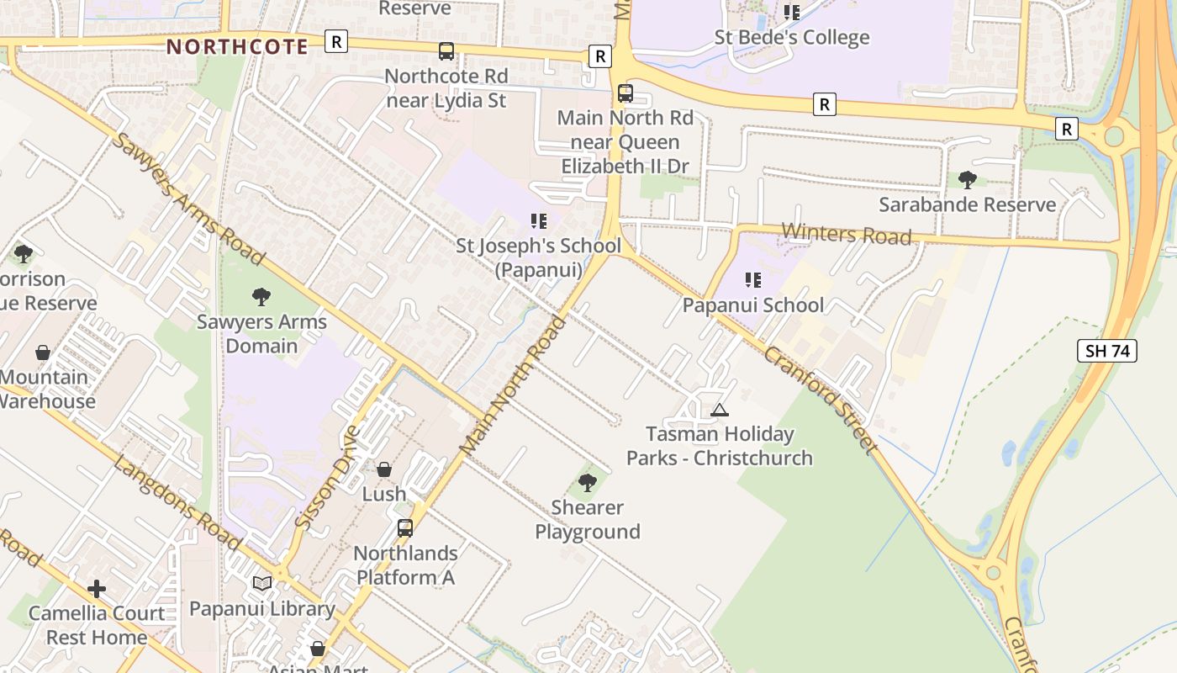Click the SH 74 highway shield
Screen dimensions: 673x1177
click(x=1107, y=351)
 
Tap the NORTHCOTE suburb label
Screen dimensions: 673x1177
click(x=238, y=46)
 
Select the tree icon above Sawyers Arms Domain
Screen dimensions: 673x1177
click(x=261, y=296)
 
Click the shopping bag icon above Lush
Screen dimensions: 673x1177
click(x=384, y=469)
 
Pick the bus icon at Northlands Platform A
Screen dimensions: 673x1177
click(x=405, y=528)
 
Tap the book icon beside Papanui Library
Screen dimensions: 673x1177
click(x=262, y=583)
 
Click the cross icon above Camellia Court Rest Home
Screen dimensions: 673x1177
click(x=97, y=589)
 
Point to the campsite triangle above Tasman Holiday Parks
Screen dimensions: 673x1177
click(x=719, y=411)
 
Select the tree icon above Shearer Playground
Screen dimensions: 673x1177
click(x=588, y=483)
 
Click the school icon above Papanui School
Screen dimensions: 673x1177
click(x=752, y=279)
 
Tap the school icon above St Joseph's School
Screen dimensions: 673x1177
click(x=539, y=221)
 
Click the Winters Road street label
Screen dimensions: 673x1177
click(x=847, y=234)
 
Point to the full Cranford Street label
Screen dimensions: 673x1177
click(x=820, y=400)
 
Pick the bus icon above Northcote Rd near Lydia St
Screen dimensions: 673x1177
click(x=446, y=51)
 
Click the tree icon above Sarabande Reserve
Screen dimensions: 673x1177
click(x=968, y=179)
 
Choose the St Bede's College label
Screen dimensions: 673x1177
click(x=792, y=38)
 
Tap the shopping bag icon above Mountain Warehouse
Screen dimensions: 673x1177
click(x=43, y=352)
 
